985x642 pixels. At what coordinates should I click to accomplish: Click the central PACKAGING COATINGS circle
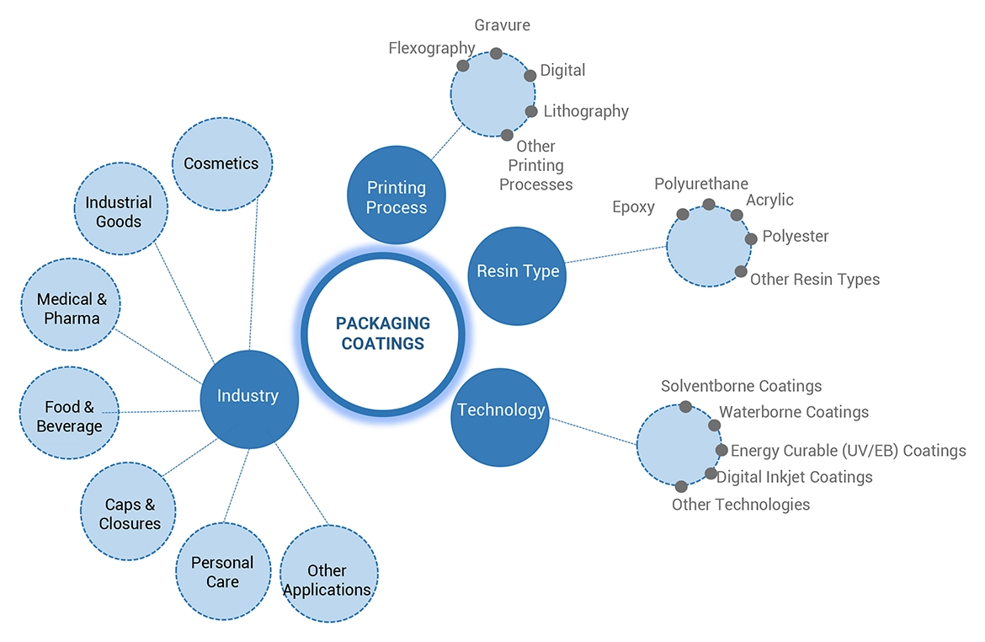coord(383,333)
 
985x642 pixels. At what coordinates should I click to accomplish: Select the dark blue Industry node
coord(249,396)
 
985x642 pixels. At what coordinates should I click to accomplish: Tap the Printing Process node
coord(397,196)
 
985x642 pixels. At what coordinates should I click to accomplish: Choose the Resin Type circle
coord(517,271)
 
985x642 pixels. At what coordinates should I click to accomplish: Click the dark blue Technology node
coord(500,411)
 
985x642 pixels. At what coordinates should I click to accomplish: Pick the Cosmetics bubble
coord(221,163)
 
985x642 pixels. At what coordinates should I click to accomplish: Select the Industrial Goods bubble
coord(119,212)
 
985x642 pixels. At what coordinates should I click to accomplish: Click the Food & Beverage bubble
coord(69,416)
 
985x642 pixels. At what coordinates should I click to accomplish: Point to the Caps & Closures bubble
coord(129,513)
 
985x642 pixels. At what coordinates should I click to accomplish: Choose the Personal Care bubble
coord(222,572)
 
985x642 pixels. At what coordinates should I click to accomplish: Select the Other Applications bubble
coord(327,580)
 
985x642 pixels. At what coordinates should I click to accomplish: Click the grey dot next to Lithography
coord(531,111)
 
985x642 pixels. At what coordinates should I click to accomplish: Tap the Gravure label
coord(502,25)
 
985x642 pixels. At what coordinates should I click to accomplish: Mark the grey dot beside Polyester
coord(751,238)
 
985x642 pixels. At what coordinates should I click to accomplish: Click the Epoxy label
coord(633,207)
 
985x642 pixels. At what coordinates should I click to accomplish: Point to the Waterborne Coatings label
coord(794,412)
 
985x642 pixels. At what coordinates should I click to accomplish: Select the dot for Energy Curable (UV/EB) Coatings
coord(721,450)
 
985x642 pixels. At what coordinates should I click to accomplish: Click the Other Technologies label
coord(741,505)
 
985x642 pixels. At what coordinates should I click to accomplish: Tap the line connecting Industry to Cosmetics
coord(253,278)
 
